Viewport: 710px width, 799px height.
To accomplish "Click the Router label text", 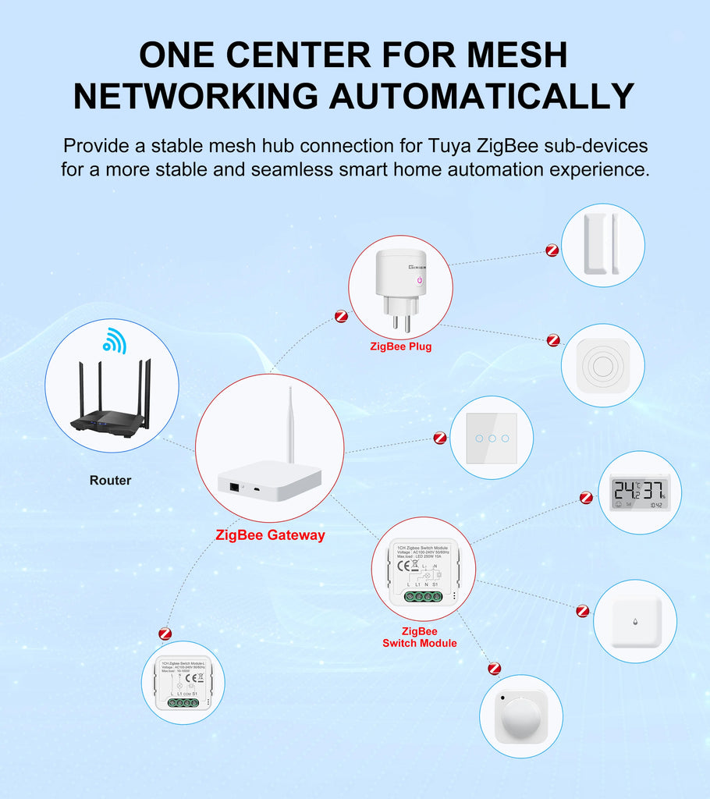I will click(110, 481).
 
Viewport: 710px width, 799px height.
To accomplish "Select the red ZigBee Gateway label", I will click(270, 535).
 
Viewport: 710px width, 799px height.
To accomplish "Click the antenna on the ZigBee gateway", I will click(289, 426).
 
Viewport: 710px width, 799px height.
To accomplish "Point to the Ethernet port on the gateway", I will click(234, 486).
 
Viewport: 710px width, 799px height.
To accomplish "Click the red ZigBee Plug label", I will click(400, 346).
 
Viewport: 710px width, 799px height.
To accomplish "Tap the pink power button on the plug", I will click(420, 280).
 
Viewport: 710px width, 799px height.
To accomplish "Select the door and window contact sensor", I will click(602, 245).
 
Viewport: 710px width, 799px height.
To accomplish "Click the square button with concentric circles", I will click(602, 365).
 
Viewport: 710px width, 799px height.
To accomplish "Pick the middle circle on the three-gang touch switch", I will click(492, 438).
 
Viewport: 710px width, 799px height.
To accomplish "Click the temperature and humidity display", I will click(639, 495).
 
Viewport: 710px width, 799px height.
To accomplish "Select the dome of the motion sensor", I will click(520, 717).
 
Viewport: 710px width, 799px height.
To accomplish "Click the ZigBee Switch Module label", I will click(420, 637).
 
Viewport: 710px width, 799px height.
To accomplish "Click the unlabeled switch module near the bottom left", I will click(183, 683).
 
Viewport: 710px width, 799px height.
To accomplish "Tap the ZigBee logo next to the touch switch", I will click(440, 438).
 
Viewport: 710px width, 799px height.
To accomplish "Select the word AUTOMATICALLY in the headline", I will click(481, 96).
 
